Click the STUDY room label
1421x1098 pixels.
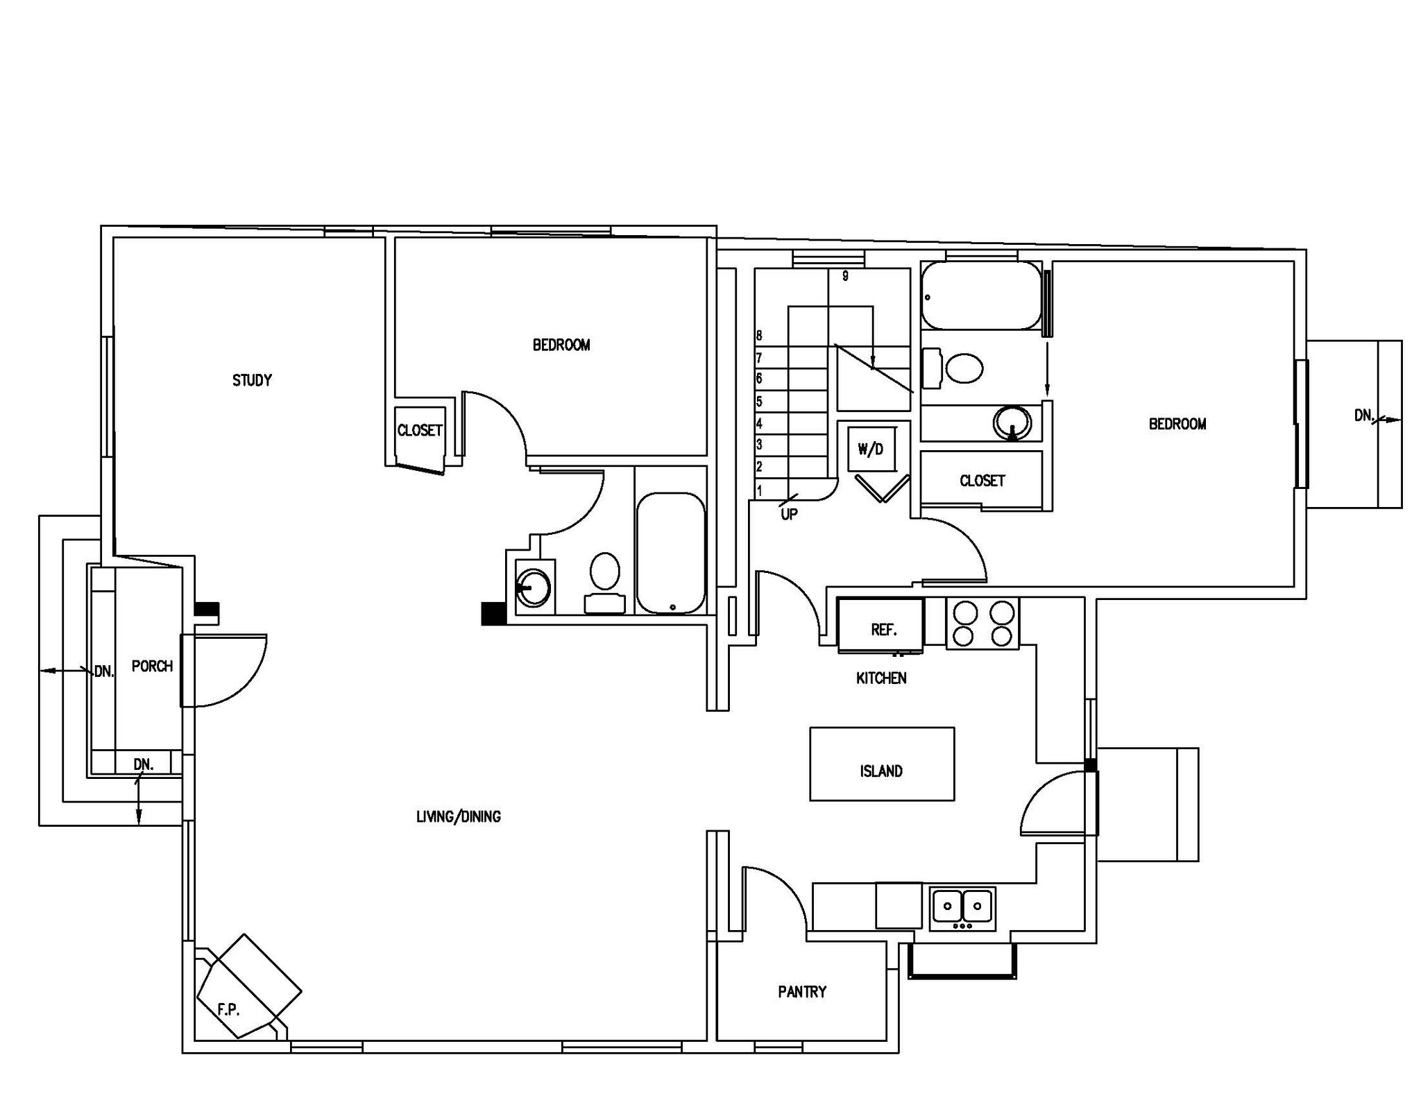pyautogui.click(x=252, y=380)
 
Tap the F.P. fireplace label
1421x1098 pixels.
pyautogui.click(x=228, y=1010)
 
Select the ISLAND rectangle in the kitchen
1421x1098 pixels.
pyautogui.click(x=881, y=764)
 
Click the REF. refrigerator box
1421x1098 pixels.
pyautogui.click(x=882, y=626)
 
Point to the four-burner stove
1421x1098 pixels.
pyautogui.click(x=982, y=624)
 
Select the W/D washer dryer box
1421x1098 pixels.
pyautogui.click(x=871, y=449)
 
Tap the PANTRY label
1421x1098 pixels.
pyautogui.click(x=802, y=992)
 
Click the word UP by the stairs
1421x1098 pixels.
pyautogui.click(x=789, y=514)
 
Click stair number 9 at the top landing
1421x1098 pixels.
pyautogui.click(x=845, y=276)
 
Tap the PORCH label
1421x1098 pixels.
pyautogui.click(x=152, y=666)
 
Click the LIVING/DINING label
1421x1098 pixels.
pyautogui.click(x=458, y=816)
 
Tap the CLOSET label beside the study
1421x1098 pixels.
pyautogui.click(x=420, y=430)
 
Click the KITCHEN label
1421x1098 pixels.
pyautogui.click(x=881, y=678)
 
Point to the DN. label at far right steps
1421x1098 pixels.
pyautogui.click(x=1363, y=415)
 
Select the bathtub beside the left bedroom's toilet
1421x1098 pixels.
pyautogui.click(x=670, y=553)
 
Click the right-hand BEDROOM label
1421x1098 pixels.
pyautogui.click(x=1177, y=424)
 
